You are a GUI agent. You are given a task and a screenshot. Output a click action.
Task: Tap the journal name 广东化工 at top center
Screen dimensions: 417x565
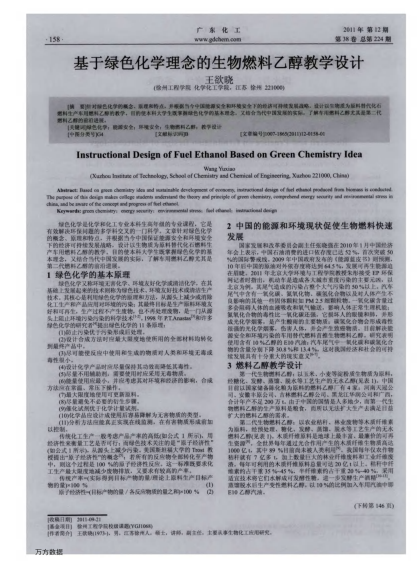click(209, 32)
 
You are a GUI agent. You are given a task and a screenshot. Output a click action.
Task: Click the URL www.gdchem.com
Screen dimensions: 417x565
click(209, 41)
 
